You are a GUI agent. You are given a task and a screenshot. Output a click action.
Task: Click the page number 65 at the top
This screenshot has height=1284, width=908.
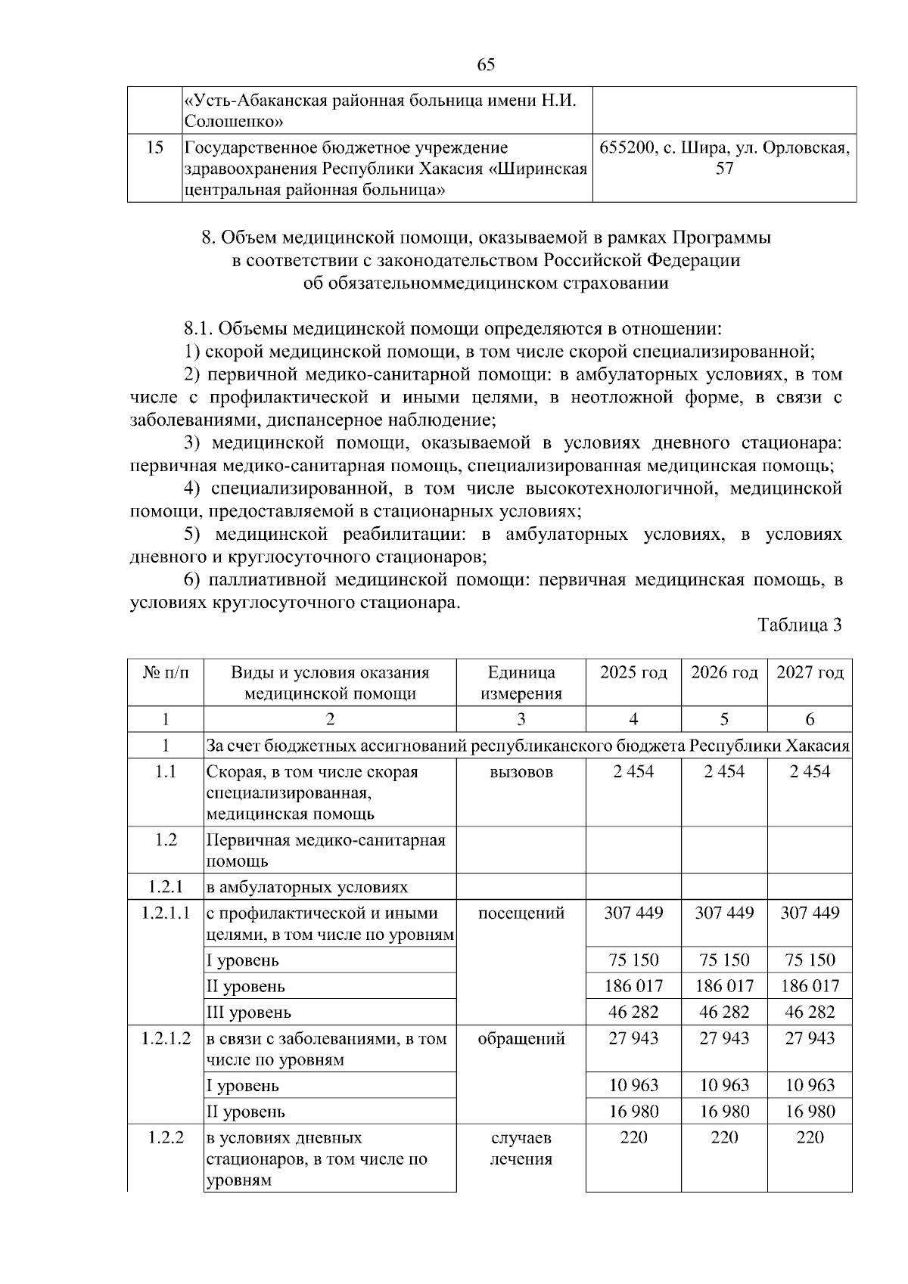coord(487,64)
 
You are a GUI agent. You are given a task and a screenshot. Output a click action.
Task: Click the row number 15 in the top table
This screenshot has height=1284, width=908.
coord(154,147)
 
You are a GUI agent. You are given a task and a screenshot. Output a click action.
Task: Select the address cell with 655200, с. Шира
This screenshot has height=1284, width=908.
coord(724,158)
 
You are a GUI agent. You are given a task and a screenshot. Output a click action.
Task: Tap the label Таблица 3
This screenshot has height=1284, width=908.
coord(800,625)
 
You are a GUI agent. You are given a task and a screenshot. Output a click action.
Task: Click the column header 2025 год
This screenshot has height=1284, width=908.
coord(633,672)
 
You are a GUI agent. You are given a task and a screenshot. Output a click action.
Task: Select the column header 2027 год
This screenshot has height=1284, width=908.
coord(810,672)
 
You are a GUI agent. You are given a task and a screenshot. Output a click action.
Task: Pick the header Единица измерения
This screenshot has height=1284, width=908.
coord(521,683)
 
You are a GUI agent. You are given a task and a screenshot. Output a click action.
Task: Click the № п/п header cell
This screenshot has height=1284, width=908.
coord(166,672)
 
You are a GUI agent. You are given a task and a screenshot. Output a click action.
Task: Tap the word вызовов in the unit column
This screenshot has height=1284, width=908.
coord(521,771)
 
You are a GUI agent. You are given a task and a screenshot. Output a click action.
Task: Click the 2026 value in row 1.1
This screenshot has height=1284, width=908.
coord(724,771)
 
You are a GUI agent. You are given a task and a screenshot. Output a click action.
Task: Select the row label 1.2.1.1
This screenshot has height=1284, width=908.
coord(166,913)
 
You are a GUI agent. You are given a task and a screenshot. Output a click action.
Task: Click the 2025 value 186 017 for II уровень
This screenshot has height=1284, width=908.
coord(633,986)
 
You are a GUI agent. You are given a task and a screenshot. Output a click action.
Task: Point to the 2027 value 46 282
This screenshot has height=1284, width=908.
coord(810,1012)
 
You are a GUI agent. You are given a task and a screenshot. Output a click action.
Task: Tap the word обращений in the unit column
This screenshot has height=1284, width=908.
coord(521,1038)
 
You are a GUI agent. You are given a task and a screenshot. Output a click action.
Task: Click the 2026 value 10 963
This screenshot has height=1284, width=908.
coord(724,1085)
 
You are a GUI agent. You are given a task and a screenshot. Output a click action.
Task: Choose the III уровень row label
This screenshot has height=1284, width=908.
coord(248,1013)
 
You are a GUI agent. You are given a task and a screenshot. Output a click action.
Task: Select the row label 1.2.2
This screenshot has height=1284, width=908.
coord(166,1137)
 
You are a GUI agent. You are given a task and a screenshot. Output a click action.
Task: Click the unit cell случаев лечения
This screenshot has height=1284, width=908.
coord(521,1148)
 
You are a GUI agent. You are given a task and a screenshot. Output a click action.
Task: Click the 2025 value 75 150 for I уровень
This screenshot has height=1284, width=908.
coord(633,960)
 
